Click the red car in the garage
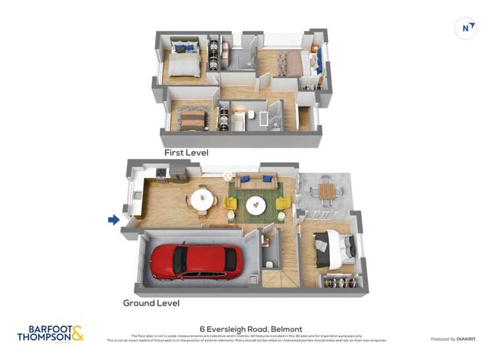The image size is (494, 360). click(x=195, y=261)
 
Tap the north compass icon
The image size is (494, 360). click(x=466, y=28)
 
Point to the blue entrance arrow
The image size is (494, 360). click(x=114, y=220)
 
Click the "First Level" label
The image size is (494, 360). click(x=186, y=153)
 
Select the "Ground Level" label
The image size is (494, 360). click(x=151, y=303)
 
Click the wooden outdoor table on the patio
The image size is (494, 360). click(x=326, y=191)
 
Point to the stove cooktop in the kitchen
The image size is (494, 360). click(x=161, y=174)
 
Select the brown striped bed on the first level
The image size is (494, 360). click(x=192, y=118)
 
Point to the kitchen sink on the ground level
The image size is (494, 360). click(x=136, y=195)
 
